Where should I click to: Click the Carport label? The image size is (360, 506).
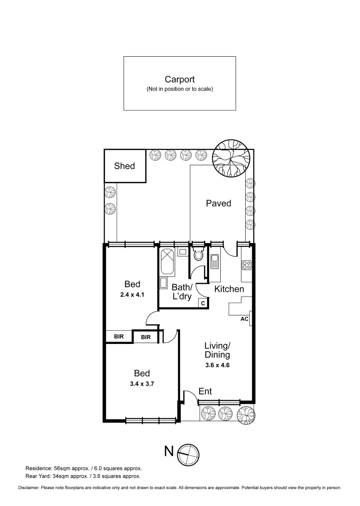[x=180, y=80]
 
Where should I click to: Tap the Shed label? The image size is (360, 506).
[x=124, y=166]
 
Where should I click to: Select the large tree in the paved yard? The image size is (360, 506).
[x=233, y=159]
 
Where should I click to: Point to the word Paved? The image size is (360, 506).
[x=218, y=203]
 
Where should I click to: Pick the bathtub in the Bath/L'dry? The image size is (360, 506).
[x=167, y=263]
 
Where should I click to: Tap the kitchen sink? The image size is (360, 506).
[x=215, y=261]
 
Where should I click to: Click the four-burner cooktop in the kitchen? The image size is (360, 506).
[x=247, y=265]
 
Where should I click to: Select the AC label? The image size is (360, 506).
[x=244, y=319]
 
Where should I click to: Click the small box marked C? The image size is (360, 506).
[x=203, y=303]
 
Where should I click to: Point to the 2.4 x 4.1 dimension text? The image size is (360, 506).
[x=132, y=295]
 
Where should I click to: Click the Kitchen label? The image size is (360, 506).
[x=229, y=289]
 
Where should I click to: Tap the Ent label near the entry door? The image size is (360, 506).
[x=205, y=391]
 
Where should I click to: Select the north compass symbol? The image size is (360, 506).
[x=188, y=452]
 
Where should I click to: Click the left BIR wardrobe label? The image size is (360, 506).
[x=119, y=336]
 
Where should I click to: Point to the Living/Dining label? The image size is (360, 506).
[x=217, y=350]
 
